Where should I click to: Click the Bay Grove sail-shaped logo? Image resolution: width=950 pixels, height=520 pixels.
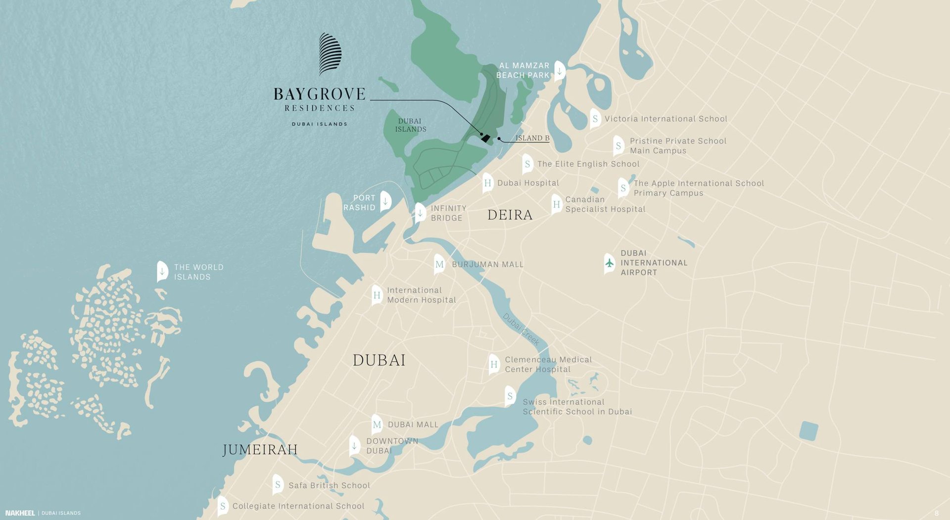(x=330, y=54)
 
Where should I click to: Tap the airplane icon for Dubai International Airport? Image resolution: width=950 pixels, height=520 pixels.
(x=610, y=263)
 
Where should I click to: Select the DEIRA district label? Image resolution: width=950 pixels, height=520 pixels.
(x=510, y=215)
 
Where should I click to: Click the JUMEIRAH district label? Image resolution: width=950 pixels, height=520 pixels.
(x=260, y=449)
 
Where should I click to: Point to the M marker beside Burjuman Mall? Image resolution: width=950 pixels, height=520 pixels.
(x=439, y=264)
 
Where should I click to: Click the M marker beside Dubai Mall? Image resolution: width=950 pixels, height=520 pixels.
(x=377, y=425)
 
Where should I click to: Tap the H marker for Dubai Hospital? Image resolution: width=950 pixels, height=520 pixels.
(x=487, y=183)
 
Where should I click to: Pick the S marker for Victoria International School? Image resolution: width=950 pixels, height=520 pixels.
(x=595, y=119)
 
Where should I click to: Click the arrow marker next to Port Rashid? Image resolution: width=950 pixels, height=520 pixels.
(x=385, y=201)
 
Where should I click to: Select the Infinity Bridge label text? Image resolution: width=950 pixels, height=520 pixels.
(x=448, y=213)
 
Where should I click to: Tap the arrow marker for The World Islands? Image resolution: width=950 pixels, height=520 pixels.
(x=162, y=271)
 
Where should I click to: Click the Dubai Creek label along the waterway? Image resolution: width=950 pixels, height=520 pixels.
(x=521, y=329)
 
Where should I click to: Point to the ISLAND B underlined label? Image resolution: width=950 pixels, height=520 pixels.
(x=532, y=138)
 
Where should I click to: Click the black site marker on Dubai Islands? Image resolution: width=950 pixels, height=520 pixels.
(x=486, y=139)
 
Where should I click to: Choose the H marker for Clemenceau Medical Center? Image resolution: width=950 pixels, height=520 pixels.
(x=494, y=364)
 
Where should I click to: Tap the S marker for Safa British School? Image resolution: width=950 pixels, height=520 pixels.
(x=278, y=485)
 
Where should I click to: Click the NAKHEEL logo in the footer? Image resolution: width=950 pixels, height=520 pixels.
(x=20, y=513)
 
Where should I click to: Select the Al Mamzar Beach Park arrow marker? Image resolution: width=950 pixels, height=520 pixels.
(x=559, y=71)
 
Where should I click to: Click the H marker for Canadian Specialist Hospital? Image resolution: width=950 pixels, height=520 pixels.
(x=556, y=204)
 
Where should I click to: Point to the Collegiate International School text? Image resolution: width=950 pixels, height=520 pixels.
(x=298, y=506)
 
